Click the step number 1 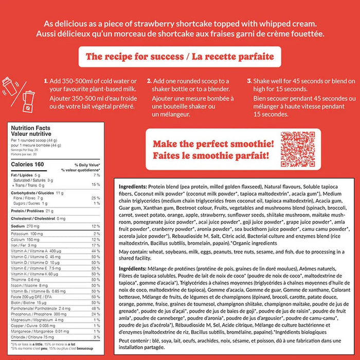coord(46,81)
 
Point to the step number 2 coord(149,81)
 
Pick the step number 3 coord(249,81)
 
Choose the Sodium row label coord(19,226)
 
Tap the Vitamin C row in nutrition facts coord(35,257)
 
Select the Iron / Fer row coord(23,245)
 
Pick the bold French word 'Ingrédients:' coord(133,268)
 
